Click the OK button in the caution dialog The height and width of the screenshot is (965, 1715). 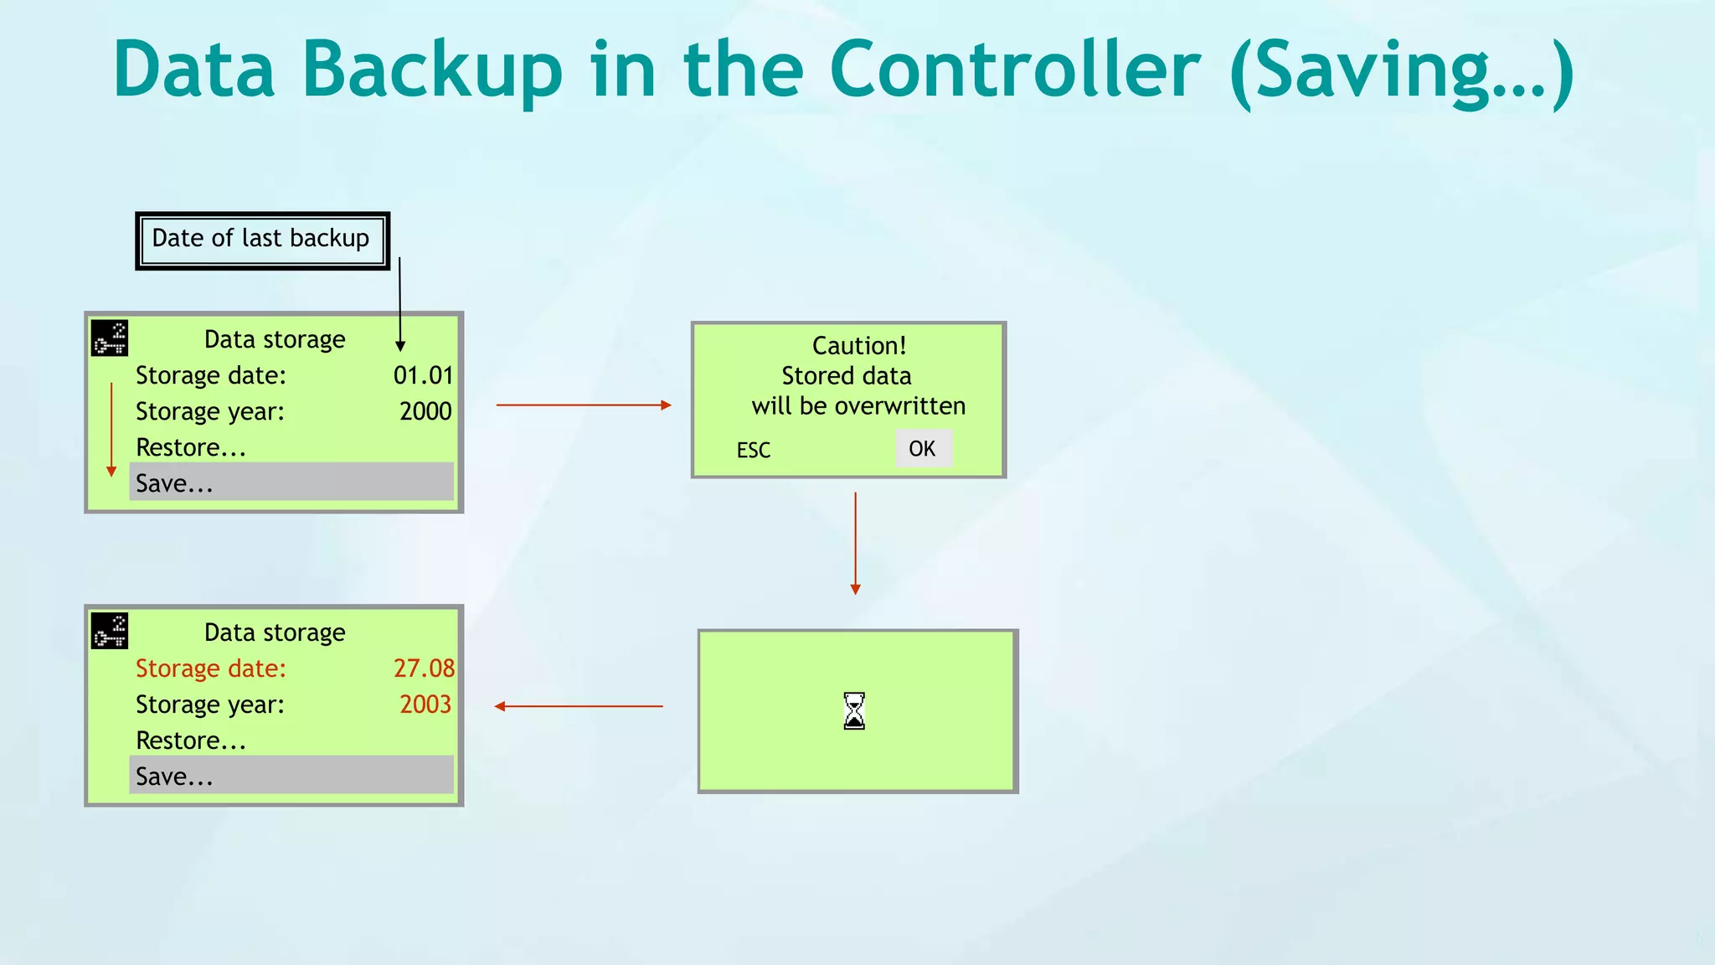point(923,449)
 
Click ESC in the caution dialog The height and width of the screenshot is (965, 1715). point(754,451)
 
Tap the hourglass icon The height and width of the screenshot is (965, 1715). point(854,711)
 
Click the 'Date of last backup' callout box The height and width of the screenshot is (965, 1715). point(262,240)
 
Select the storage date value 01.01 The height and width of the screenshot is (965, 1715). point(423,375)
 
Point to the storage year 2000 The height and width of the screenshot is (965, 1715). point(425,411)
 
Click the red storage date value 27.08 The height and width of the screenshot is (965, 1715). point(424,668)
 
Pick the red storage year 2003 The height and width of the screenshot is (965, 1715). point(425,704)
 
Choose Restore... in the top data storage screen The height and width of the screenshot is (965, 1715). point(191,447)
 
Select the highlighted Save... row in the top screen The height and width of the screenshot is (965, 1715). point(291,482)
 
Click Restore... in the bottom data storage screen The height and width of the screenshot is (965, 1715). point(191,741)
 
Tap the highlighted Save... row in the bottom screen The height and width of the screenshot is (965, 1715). point(291,776)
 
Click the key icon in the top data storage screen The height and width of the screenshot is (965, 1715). point(110,338)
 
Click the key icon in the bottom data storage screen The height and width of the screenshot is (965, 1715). point(110,632)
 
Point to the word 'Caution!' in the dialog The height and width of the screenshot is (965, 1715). point(859,346)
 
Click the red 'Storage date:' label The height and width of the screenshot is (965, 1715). point(211,668)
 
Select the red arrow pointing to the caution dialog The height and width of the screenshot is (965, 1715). point(584,405)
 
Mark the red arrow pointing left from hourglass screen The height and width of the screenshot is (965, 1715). point(579,706)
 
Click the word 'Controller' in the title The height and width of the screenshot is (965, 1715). point(1015,70)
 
